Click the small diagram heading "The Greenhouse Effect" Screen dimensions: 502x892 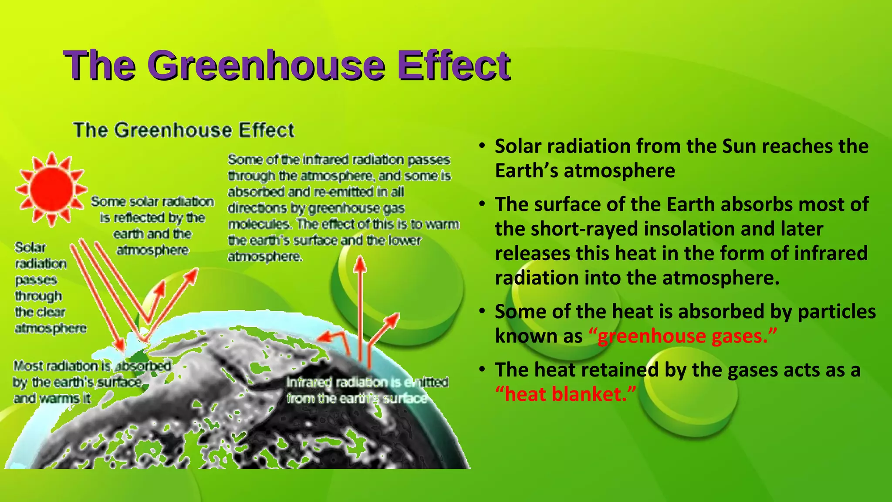click(x=184, y=130)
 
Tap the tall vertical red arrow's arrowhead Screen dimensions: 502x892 click(x=360, y=264)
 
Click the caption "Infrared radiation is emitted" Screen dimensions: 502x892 click(x=367, y=382)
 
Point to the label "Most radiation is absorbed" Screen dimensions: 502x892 click(x=91, y=366)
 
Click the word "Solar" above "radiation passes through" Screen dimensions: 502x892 click(x=30, y=248)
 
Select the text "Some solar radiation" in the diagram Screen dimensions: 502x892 click(x=152, y=201)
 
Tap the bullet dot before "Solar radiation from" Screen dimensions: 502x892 click(x=482, y=146)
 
